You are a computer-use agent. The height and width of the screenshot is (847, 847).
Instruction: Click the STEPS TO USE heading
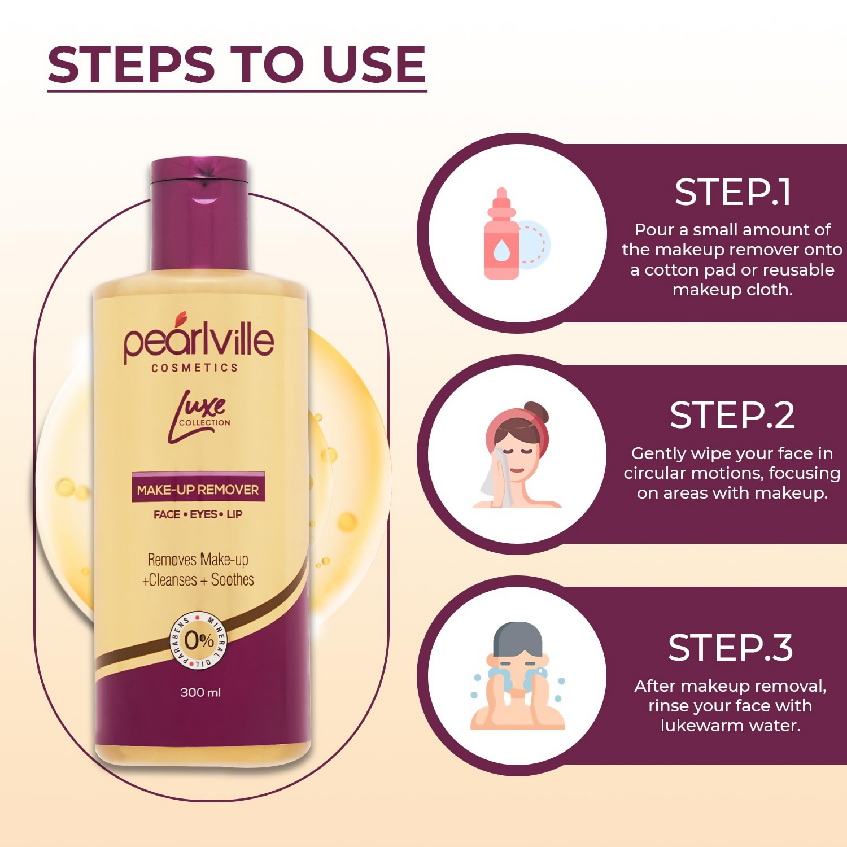tap(237, 65)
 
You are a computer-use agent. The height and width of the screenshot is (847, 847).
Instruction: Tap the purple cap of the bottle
tap(199, 215)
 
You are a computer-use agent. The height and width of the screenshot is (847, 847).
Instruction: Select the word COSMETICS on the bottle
tap(195, 368)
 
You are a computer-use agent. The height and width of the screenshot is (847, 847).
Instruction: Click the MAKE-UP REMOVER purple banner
tap(198, 489)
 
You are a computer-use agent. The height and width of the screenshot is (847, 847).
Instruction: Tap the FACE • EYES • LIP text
tap(198, 514)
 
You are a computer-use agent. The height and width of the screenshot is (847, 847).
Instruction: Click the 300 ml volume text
tap(200, 692)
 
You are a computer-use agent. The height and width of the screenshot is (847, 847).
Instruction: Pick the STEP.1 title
tap(732, 193)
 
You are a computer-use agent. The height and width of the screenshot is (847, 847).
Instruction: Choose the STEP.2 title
tap(732, 416)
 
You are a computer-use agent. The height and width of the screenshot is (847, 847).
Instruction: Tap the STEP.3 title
tap(731, 648)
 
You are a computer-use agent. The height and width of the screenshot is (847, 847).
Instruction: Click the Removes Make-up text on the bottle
tap(198, 560)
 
